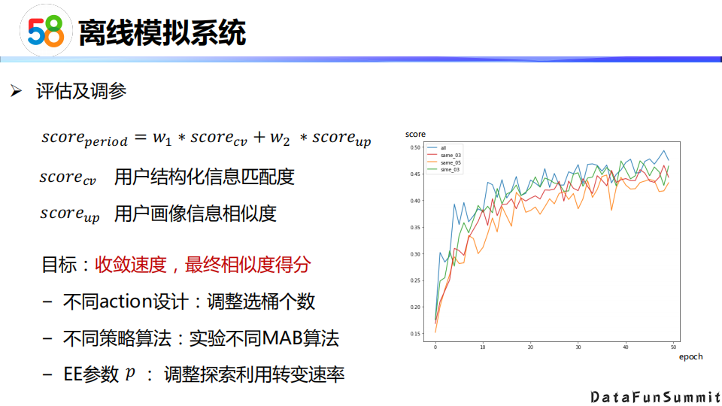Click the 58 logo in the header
(46, 31)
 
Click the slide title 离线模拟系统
(162, 32)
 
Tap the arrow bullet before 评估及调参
(16, 91)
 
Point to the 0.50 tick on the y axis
(415, 147)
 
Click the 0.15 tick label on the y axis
(415, 334)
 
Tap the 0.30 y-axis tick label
(415, 254)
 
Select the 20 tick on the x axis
(530, 347)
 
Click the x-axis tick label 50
(673, 347)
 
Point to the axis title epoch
(690, 356)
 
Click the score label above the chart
(415, 134)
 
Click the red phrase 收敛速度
(131, 265)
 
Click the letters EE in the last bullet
(72, 374)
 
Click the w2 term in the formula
(280, 138)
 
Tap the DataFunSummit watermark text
(656, 397)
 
